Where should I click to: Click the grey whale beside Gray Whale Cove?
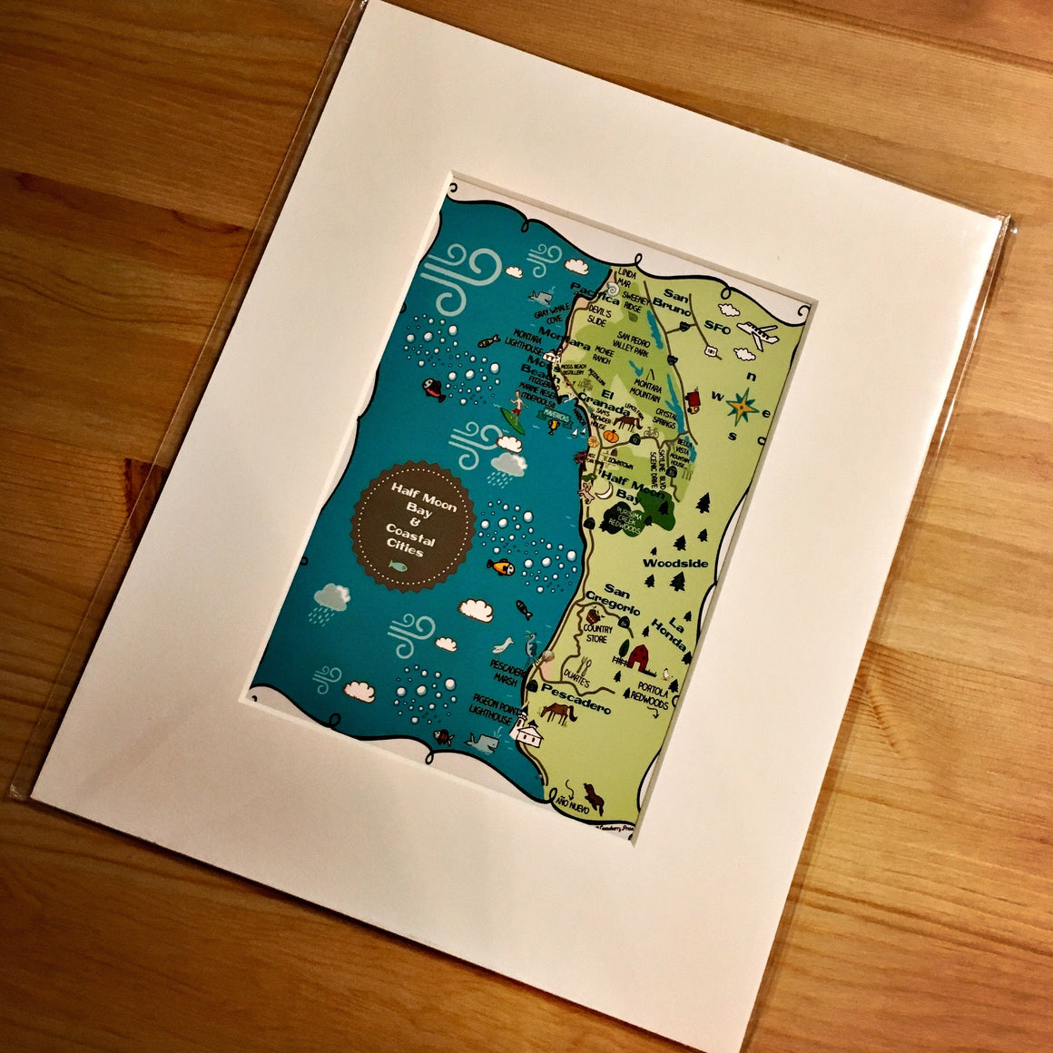click(542, 295)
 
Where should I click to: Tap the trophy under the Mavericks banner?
click(554, 431)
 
